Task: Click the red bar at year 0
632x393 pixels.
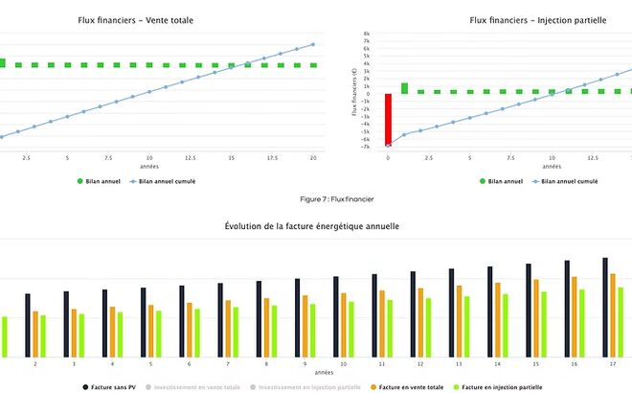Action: coord(388,120)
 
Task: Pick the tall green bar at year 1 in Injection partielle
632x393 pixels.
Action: coord(404,88)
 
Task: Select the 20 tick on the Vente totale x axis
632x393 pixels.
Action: coord(313,157)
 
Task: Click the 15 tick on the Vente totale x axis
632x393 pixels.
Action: coord(231,157)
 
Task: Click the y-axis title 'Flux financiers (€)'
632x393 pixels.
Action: coord(354,91)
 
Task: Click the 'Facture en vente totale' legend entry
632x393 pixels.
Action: coord(411,387)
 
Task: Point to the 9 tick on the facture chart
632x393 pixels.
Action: coord(305,364)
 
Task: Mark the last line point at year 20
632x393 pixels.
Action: coord(313,44)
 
